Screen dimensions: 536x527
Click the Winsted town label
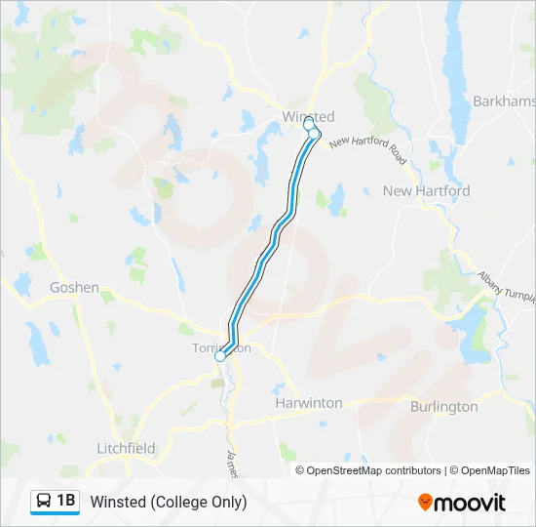pyautogui.click(x=307, y=117)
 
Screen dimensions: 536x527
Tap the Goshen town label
pyautogui.click(x=74, y=287)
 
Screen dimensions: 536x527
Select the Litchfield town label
pyautogui.click(x=126, y=448)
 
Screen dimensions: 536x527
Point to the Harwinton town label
pyautogui.click(x=308, y=402)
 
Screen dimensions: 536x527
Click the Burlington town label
pyautogui.click(x=443, y=406)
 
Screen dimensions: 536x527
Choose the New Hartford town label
pyautogui.click(x=426, y=191)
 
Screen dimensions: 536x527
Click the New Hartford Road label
pyautogui.click(x=367, y=149)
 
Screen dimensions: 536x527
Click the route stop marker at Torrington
pyautogui.click(x=220, y=357)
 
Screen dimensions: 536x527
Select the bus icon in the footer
pyautogui.click(x=44, y=502)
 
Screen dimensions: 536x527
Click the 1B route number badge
pyautogui.click(x=65, y=502)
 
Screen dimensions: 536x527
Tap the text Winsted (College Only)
pyautogui.click(x=169, y=502)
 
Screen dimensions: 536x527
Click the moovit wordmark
pyautogui.click(x=471, y=503)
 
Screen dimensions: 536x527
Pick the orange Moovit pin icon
pyautogui.click(x=426, y=502)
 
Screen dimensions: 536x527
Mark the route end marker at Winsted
pyautogui.click(x=309, y=125)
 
